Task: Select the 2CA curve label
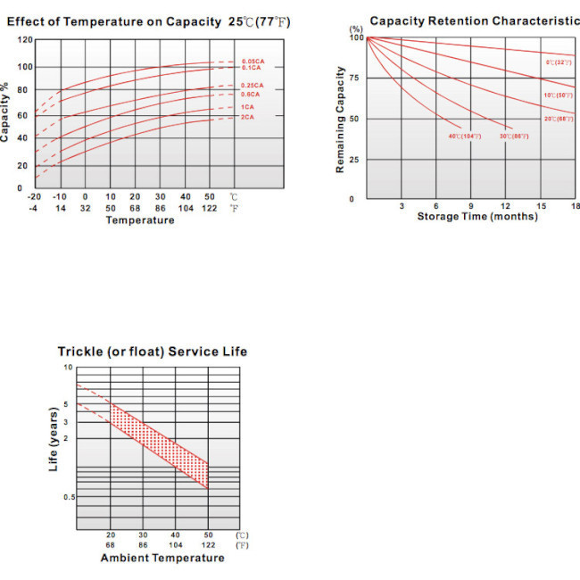click(246, 117)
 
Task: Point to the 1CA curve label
click(246, 107)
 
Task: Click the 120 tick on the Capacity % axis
click(26, 40)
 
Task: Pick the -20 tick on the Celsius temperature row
click(35, 196)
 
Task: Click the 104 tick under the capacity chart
click(186, 208)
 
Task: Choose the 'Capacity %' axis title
click(6, 112)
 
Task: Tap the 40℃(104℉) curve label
click(464, 136)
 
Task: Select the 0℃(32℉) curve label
click(559, 62)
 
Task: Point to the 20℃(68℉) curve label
click(559, 119)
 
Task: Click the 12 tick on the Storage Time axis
click(505, 206)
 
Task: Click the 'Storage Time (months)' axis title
click(477, 217)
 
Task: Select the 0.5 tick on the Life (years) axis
click(69, 496)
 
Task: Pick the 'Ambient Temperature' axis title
click(162, 559)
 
